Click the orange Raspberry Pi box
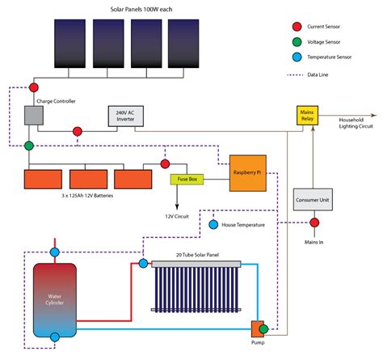(x=248, y=173)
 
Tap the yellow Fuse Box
(x=184, y=179)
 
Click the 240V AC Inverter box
(x=126, y=116)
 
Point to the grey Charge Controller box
(x=35, y=116)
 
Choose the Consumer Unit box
(x=313, y=199)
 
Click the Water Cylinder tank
(x=54, y=299)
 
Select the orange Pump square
(x=258, y=328)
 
